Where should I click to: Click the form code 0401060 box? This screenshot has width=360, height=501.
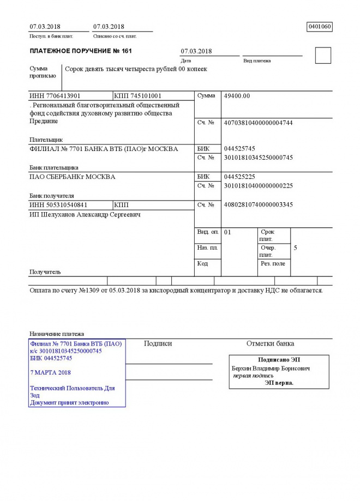click(x=320, y=27)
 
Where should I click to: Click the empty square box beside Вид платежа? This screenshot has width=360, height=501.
click(x=323, y=56)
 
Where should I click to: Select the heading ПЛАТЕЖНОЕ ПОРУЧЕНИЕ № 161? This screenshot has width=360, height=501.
click(x=81, y=51)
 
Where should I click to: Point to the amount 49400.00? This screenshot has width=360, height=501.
click(x=237, y=96)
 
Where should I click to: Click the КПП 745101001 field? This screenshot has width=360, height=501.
click(x=138, y=96)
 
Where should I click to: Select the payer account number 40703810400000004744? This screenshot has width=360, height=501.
click(x=258, y=123)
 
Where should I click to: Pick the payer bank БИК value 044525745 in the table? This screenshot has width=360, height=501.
click(x=239, y=148)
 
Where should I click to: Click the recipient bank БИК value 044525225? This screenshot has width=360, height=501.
click(x=239, y=177)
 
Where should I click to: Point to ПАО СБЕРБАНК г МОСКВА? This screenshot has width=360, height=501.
click(x=72, y=177)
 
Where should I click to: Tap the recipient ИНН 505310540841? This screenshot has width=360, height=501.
click(x=58, y=205)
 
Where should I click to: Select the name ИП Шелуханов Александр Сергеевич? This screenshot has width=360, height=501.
click(x=85, y=215)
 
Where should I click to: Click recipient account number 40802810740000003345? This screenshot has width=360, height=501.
click(x=258, y=205)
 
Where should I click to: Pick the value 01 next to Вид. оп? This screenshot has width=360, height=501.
click(x=228, y=232)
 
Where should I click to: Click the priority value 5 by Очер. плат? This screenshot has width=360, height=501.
click(x=296, y=248)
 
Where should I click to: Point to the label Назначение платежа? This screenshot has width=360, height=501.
click(x=57, y=334)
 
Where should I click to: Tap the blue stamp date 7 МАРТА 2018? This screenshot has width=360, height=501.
click(x=51, y=372)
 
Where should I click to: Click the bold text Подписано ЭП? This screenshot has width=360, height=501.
click(x=279, y=360)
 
